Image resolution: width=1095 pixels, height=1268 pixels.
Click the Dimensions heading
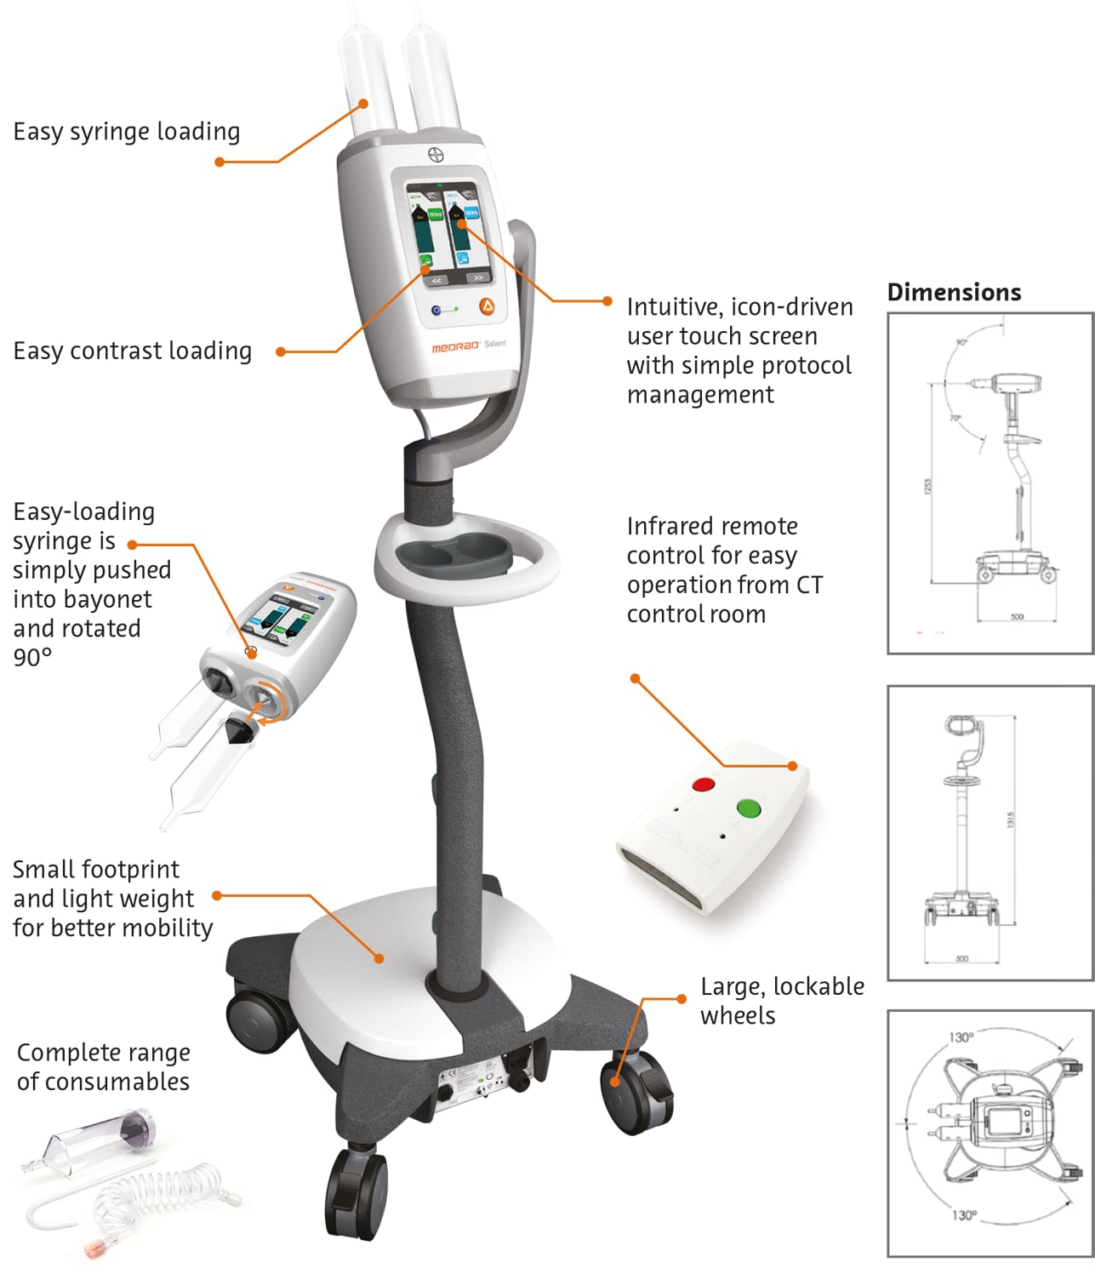(954, 292)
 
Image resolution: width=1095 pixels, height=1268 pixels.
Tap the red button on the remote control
(704, 784)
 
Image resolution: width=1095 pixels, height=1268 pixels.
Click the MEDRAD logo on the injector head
(455, 347)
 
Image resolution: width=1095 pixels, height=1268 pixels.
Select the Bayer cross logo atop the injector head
(437, 156)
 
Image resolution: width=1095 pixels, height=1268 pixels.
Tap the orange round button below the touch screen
(487, 306)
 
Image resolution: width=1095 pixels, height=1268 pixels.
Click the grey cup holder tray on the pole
(467, 556)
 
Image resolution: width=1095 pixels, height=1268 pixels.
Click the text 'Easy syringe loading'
(127, 132)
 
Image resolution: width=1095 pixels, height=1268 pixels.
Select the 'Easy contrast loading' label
(132, 351)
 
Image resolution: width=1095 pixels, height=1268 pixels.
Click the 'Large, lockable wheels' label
(781, 1001)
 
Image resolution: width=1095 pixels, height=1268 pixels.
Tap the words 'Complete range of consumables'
(103, 1067)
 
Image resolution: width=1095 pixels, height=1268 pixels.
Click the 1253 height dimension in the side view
(928, 485)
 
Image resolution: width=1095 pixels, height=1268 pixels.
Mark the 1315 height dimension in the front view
(1010, 820)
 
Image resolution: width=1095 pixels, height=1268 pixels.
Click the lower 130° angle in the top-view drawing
(963, 1215)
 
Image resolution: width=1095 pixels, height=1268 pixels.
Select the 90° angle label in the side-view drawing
(961, 342)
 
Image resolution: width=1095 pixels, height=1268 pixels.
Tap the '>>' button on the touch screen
(477, 278)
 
